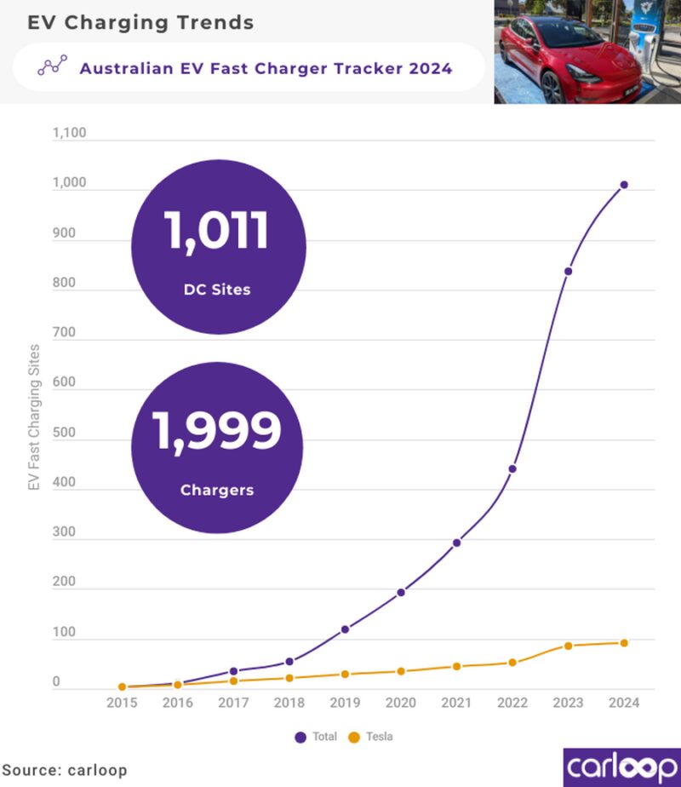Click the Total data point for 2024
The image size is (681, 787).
coord(624,185)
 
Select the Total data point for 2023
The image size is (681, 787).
coord(568,271)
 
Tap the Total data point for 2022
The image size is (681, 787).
coord(512,469)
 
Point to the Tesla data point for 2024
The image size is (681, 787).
coord(624,643)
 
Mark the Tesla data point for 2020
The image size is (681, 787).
coord(401,671)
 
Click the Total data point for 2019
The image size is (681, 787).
coord(345,629)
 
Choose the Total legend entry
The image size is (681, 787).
coord(316,737)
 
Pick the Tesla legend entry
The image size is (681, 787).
coord(372,737)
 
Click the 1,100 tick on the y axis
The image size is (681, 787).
coord(69,134)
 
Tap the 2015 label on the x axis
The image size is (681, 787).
coord(122,704)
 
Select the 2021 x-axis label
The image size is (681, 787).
coord(456,704)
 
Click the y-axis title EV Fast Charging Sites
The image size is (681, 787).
coord(34,416)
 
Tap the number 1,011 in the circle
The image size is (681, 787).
coord(217,232)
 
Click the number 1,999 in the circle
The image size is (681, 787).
coord(217,431)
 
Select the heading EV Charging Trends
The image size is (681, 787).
coord(140,23)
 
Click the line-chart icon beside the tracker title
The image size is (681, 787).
coord(53,67)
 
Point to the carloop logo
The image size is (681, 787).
coord(621,767)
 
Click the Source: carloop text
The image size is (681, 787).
coord(64,770)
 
